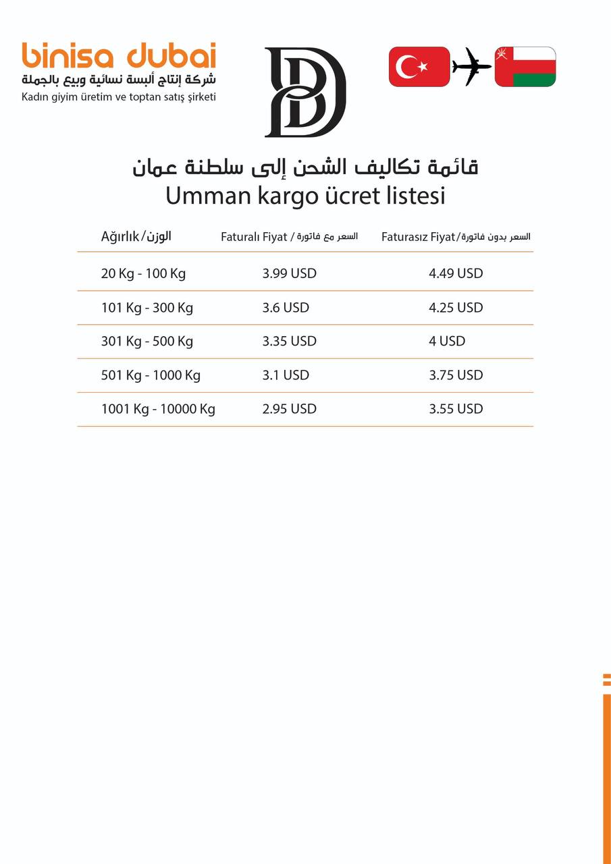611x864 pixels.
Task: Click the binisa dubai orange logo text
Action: pyautogui.click(x=119, y=55)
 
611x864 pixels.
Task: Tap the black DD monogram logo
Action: pyautogui.click(x=304, y=92)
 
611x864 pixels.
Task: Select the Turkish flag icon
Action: pyautogui.click(x=419, y=67)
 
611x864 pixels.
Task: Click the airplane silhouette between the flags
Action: pyautogui.click(x=472, y=67)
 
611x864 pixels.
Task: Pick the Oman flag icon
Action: pyautogui.click(x=525, y=67)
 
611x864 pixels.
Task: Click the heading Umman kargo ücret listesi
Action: pyautogui.click(x=305, y=196)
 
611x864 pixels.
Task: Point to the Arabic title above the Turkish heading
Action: pyautogui.click(x=305, y=166)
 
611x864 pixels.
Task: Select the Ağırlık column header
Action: pyautogui.click(x=136, y=236)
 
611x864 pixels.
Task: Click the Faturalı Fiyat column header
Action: pyautogui.click(x=289, y=237)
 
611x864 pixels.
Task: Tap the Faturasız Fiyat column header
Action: pyautogui.click(x=456, y=237)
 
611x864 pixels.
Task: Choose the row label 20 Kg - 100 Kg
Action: pyautogui.click(x=143, y=274)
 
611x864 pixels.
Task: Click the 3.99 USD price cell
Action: pyautogui.click(x=289, y=274)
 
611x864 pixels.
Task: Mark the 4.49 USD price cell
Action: pyautogui.click(x=456, y=274)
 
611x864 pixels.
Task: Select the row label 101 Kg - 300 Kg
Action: pyautogui.click(x=147, y=308)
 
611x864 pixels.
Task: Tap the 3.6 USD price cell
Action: pyautogui.click(x=286, y=308)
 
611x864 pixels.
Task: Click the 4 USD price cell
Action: pyautogui.click(x=447, y=342)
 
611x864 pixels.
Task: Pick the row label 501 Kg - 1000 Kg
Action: pyautogui.click(x=151, y=375)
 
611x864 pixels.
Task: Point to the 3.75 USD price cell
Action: pyautogui.click(x=456, y=375)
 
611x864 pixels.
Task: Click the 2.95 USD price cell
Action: pyautogui.click(x=289, y=409)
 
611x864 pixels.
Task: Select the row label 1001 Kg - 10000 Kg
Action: pyautogui.click(x=158, y=409)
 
